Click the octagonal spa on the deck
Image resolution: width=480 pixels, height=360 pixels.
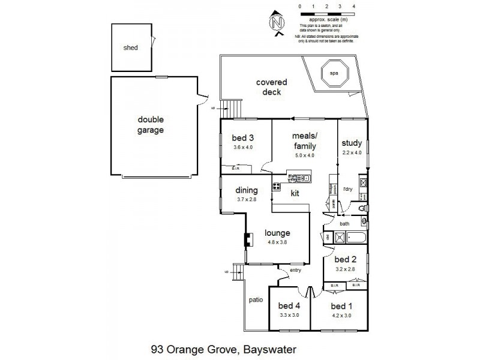(x=334, y=73)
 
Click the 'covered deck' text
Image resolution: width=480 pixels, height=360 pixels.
(x=272, y=87)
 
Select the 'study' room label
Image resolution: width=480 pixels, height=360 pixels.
(x=351, y=143)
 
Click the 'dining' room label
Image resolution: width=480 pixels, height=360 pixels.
(x=246, y=191)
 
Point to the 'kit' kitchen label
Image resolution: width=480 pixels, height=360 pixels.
(x=295, y=193)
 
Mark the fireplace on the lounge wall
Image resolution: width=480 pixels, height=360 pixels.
(x=246, y=239)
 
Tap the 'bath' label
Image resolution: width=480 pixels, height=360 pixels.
(x=344, y=224)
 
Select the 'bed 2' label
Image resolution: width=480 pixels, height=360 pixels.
(x=345, y=259)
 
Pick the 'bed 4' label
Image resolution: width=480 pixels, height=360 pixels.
(x=289, y=305)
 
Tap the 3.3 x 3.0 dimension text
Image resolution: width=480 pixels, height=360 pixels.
(x=289, y=314)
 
